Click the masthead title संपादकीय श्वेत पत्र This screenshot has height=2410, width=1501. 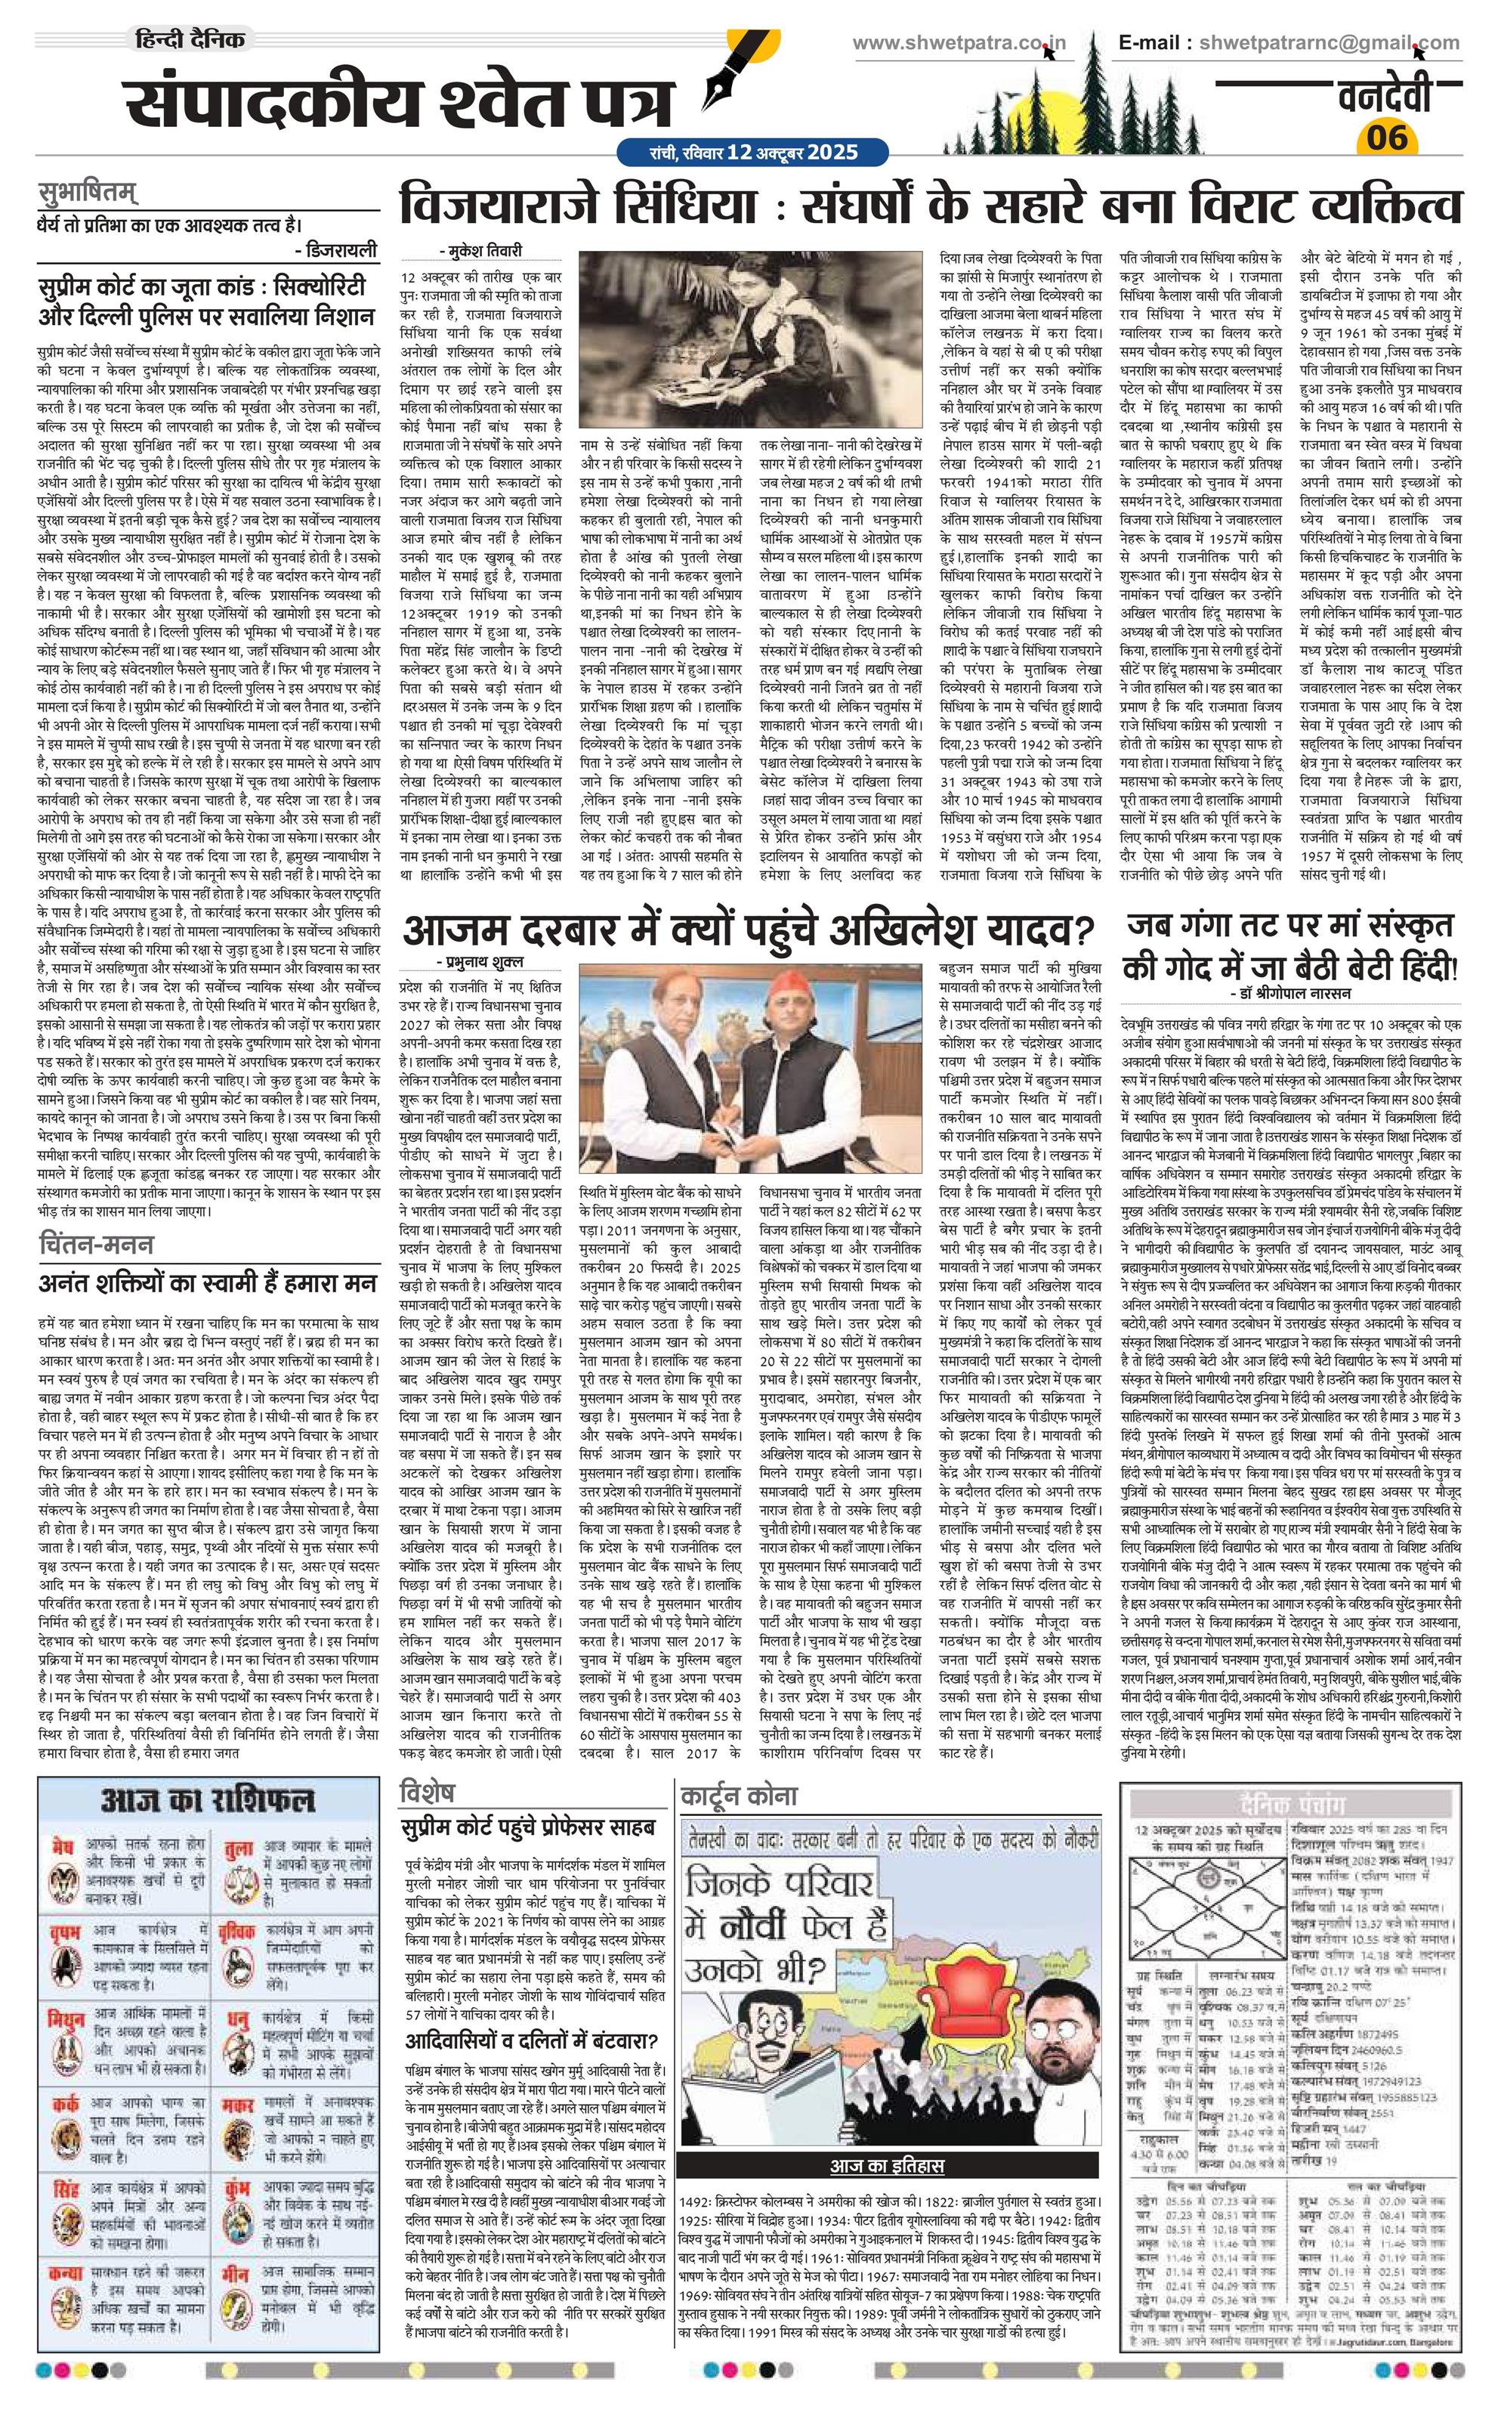[397, 101]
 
